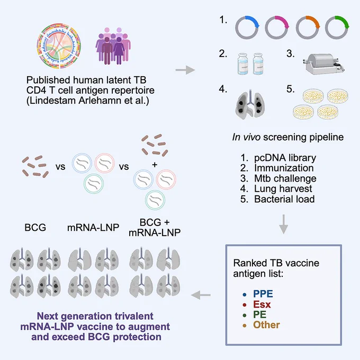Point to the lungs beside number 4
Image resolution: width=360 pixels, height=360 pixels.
click(x=250, y=104)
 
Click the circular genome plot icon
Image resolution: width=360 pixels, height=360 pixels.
click(x=59, y=46)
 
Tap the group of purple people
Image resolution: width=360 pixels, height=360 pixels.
click(x=113, y=46)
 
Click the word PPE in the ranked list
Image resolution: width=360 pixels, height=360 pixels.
click(x=263, y=294)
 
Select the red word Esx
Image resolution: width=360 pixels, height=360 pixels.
click(x=262, y=304)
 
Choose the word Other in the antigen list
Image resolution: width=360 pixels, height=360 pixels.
click(x=266, y=325)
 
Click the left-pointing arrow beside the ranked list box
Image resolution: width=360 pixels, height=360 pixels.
click(x=201, y=295)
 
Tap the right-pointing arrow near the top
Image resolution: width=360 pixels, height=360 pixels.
click(x=185, y=70)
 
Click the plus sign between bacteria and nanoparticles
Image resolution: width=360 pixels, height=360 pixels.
click(x=155, y=165)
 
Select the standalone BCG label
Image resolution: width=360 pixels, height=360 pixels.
click(x=35, y=228)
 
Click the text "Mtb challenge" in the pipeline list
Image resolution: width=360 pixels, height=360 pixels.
click(x=285, y=178)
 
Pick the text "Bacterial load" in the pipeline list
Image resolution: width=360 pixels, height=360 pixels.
click(x=284, y=199)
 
